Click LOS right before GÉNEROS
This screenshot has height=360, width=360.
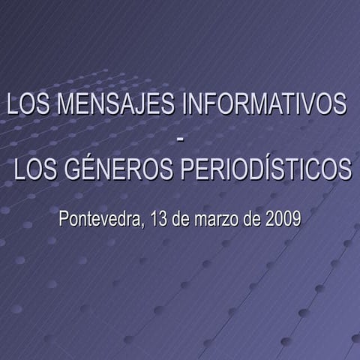pyautogui.click(x=36, y=169)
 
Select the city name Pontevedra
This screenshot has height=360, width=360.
pyautogui.click(x=100, y=220)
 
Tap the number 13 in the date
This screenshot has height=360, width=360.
pyautogui.click(x=159, y=220)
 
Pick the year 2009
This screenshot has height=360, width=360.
pyautogui.click(x=283, y=220)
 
